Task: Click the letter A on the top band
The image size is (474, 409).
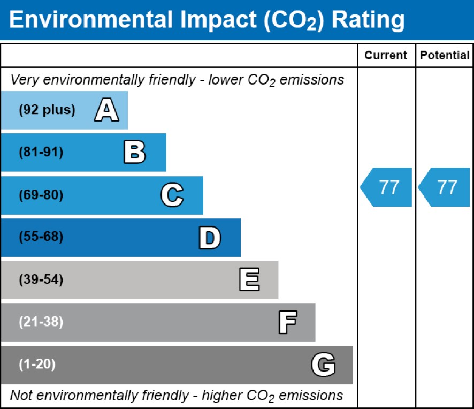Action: [106, 110]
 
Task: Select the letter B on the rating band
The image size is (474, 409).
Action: [134, 153]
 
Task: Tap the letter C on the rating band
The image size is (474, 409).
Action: [172, 195]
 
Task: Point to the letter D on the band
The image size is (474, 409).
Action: [209, 238]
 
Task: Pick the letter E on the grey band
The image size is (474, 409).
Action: [249, 280]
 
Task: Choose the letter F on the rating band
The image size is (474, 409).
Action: [287, 322]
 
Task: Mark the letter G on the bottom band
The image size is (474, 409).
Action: [323, 365]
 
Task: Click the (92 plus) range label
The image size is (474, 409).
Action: [47, 110]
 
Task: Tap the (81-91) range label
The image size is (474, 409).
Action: [41, 153]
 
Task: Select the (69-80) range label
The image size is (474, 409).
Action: [41, 195]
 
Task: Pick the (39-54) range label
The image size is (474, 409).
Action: [41, 280]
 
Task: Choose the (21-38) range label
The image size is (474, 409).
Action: [41, 322]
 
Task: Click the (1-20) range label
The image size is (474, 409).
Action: [37, 365]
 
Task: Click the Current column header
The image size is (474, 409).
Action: [386, 56]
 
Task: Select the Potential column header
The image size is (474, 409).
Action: [445, 56]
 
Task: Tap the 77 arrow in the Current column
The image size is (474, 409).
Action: [387, 187]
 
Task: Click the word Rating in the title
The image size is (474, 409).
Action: [368, 20]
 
